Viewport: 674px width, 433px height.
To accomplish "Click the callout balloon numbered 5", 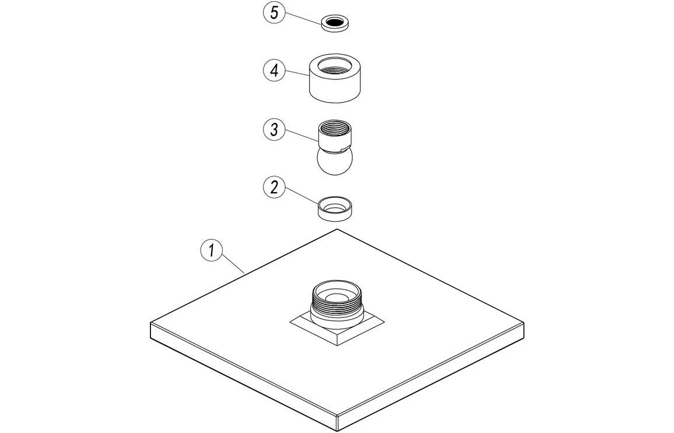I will coord(273,13).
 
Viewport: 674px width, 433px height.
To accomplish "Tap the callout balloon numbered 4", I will coord(273,71).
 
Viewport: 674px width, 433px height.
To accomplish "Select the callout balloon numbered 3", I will coord(274,130).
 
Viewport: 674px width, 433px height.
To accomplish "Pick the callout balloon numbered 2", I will coord(274,187).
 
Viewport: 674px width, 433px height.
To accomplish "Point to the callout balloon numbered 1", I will coord(212,251).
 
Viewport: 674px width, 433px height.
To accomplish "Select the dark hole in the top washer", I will coord(335,23).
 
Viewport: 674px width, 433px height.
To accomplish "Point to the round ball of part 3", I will coord(334,162).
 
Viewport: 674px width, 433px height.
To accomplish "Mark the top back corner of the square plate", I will coord(337,229).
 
